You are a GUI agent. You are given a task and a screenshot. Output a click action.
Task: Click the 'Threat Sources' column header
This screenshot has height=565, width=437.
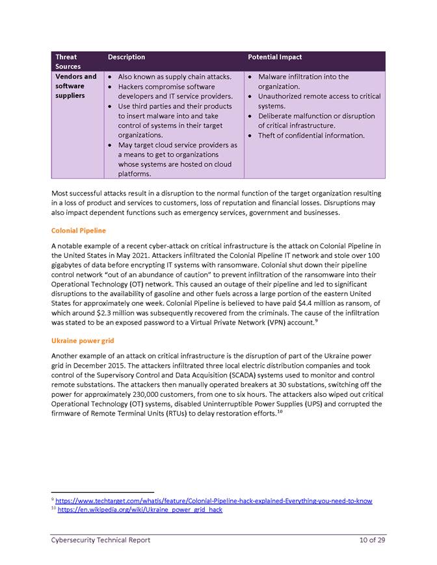[x=68, y=62]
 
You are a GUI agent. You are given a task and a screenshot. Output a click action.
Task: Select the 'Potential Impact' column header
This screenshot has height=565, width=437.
[x=274, y=57]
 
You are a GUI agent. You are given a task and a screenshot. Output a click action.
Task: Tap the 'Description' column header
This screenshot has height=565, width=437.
[x=126, y=57]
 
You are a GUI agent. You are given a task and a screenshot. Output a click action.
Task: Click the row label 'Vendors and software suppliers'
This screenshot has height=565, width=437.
[x=75, y=86]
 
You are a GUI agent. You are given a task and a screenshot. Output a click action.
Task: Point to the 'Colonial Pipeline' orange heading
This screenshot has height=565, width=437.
[x=78, y=231]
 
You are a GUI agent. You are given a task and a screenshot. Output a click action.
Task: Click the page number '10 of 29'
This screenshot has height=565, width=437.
[x=372, y=540]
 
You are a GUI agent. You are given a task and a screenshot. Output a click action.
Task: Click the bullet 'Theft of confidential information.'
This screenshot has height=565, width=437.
[x=311, y=135]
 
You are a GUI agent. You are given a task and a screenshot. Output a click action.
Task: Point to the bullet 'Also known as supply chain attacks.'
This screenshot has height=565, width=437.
[x=174, y=77]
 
